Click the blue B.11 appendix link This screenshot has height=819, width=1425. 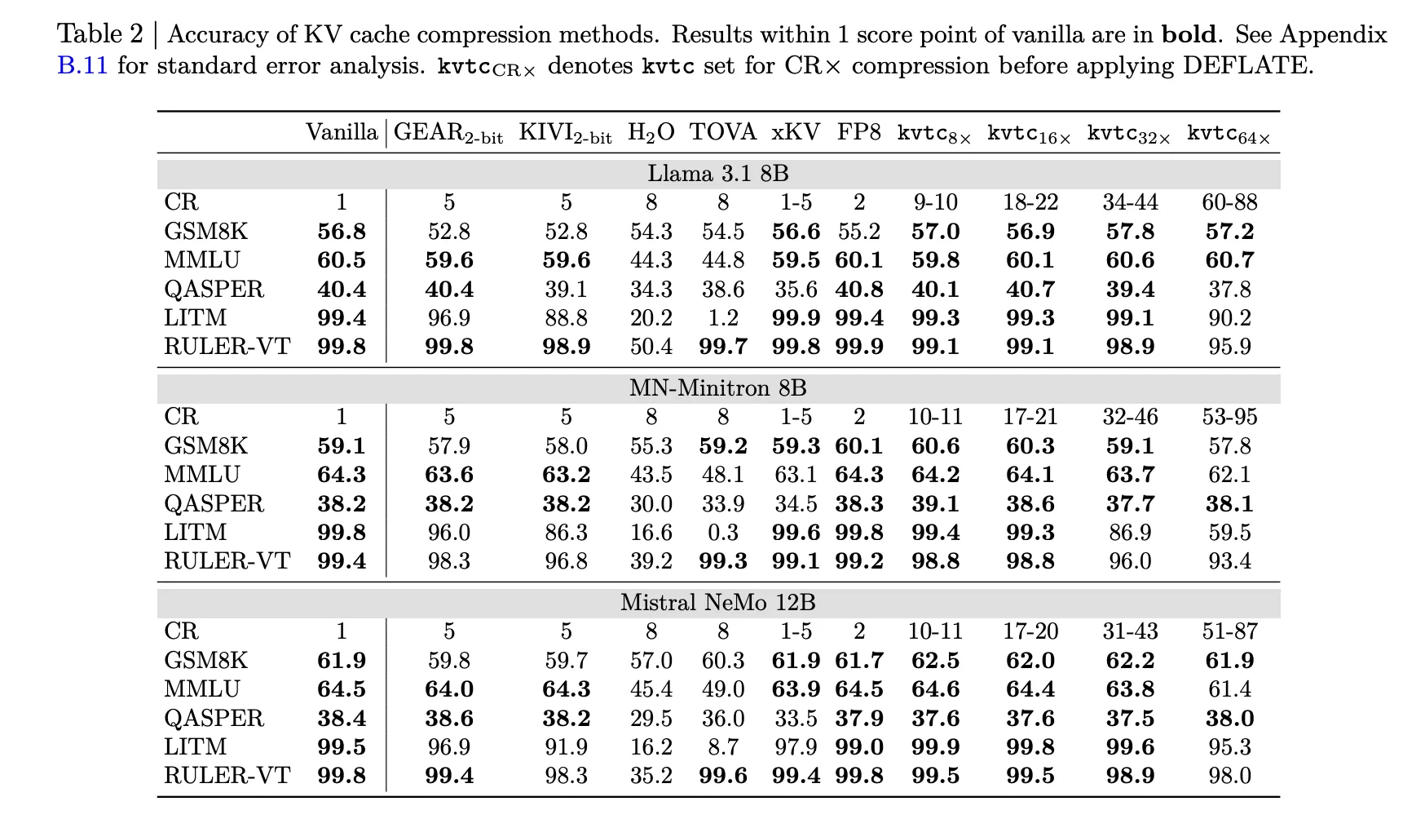[82, 66]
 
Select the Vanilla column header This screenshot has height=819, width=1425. [342, 132]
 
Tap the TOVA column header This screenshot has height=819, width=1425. [722, 132]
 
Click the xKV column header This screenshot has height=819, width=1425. [796, 132]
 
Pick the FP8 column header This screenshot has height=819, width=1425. [858, 132]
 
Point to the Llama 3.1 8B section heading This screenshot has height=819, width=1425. [717, 174]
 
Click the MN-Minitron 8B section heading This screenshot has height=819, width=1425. [717, 388]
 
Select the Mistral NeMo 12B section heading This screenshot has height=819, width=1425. [717, 603]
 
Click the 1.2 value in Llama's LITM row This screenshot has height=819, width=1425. [723, 318]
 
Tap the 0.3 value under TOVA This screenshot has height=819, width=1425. [723, 533]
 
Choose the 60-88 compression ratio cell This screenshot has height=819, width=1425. [1229, 202]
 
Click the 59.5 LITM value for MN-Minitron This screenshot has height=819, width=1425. [1229, 533]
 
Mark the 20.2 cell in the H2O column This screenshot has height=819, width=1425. [651, 318]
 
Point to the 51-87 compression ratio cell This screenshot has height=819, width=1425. [1229, 631]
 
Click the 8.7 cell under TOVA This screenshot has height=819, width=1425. [723, 747]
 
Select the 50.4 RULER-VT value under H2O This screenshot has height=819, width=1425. [651, 347]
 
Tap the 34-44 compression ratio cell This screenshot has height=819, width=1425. [1130, 202]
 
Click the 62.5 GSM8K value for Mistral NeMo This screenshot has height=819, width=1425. [935, 661]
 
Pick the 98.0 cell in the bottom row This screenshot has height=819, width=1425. [1229, 776]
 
